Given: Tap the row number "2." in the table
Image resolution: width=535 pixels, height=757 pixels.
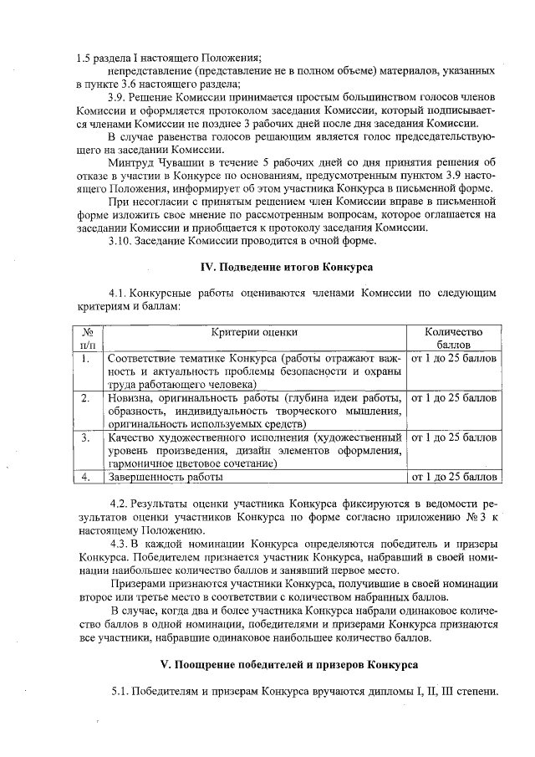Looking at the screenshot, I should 86,397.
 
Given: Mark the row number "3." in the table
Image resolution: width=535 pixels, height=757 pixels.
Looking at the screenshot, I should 86,437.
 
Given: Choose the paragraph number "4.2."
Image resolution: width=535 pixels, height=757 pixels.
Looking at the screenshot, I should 124,504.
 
